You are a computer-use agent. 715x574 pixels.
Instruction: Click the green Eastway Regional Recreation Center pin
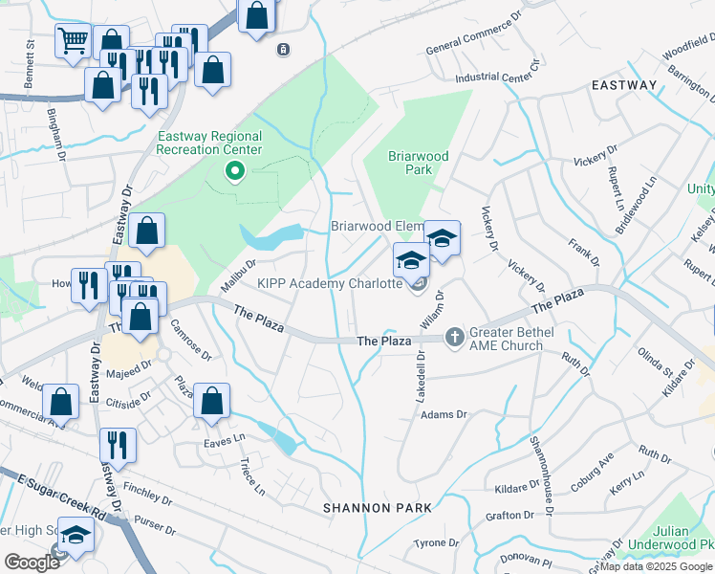232,172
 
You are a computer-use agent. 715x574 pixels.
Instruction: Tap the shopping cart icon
73,41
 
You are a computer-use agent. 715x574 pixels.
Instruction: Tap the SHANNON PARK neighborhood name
377,507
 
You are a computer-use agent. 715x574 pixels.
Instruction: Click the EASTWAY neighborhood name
623,85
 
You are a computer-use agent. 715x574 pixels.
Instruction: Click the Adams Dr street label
444,415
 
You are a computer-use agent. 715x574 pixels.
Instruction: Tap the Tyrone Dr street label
438,543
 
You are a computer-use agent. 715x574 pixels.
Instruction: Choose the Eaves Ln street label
225,443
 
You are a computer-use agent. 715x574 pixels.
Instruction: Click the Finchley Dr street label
147,499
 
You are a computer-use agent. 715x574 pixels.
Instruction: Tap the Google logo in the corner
32,562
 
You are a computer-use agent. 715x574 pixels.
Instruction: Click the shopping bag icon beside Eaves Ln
211,401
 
